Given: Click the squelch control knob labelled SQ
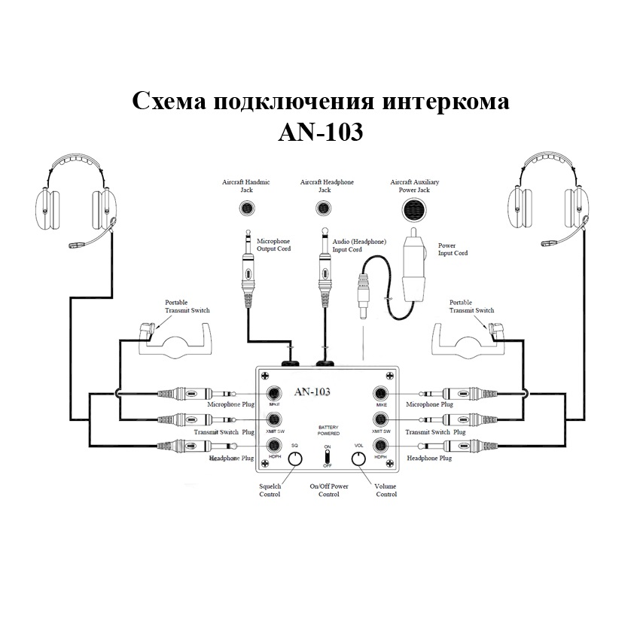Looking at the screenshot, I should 296,460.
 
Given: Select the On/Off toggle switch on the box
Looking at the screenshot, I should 328,456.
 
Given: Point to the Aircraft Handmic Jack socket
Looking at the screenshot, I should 246,210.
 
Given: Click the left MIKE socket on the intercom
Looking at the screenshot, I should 275,394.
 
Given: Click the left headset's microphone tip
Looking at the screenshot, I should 74,245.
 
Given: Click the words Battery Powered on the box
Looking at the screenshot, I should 328,430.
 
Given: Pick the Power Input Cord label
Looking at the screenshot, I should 453,249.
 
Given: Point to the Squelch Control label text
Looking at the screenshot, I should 270,490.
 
